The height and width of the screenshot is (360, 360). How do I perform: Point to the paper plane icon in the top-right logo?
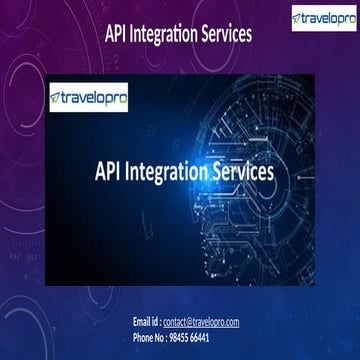click(x=298, y=16)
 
